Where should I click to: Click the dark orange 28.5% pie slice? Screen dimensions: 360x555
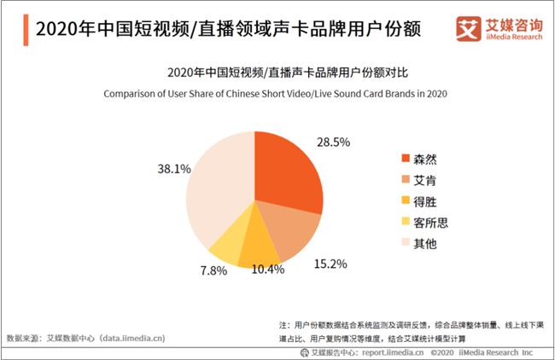289,171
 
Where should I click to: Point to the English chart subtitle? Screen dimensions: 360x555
277,93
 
